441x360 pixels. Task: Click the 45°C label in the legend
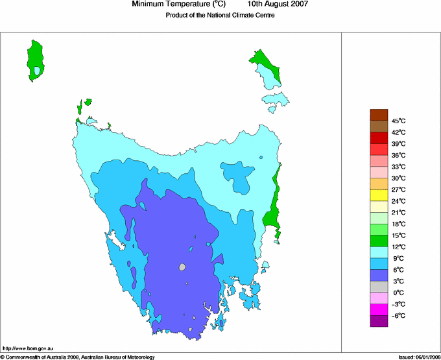[398, 121]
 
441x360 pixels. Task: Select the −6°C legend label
[398, 316]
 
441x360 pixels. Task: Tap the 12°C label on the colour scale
[398, 247]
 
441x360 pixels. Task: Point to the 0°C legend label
[398, 293]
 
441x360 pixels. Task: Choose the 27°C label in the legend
[398, 189]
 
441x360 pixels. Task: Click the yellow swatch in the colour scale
[379, 195]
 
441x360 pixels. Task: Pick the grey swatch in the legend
[379, 287]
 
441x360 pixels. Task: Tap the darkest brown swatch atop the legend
[379, 115]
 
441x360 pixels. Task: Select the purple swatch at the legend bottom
[379, 321]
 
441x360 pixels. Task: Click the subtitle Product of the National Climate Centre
[220, 15]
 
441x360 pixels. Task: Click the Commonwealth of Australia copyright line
[78, 357]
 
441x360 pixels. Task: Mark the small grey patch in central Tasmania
[182, 267]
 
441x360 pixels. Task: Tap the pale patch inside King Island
[38, 71]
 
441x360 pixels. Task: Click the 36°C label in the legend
[398, 155]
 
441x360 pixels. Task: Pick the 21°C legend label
[398, 213]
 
